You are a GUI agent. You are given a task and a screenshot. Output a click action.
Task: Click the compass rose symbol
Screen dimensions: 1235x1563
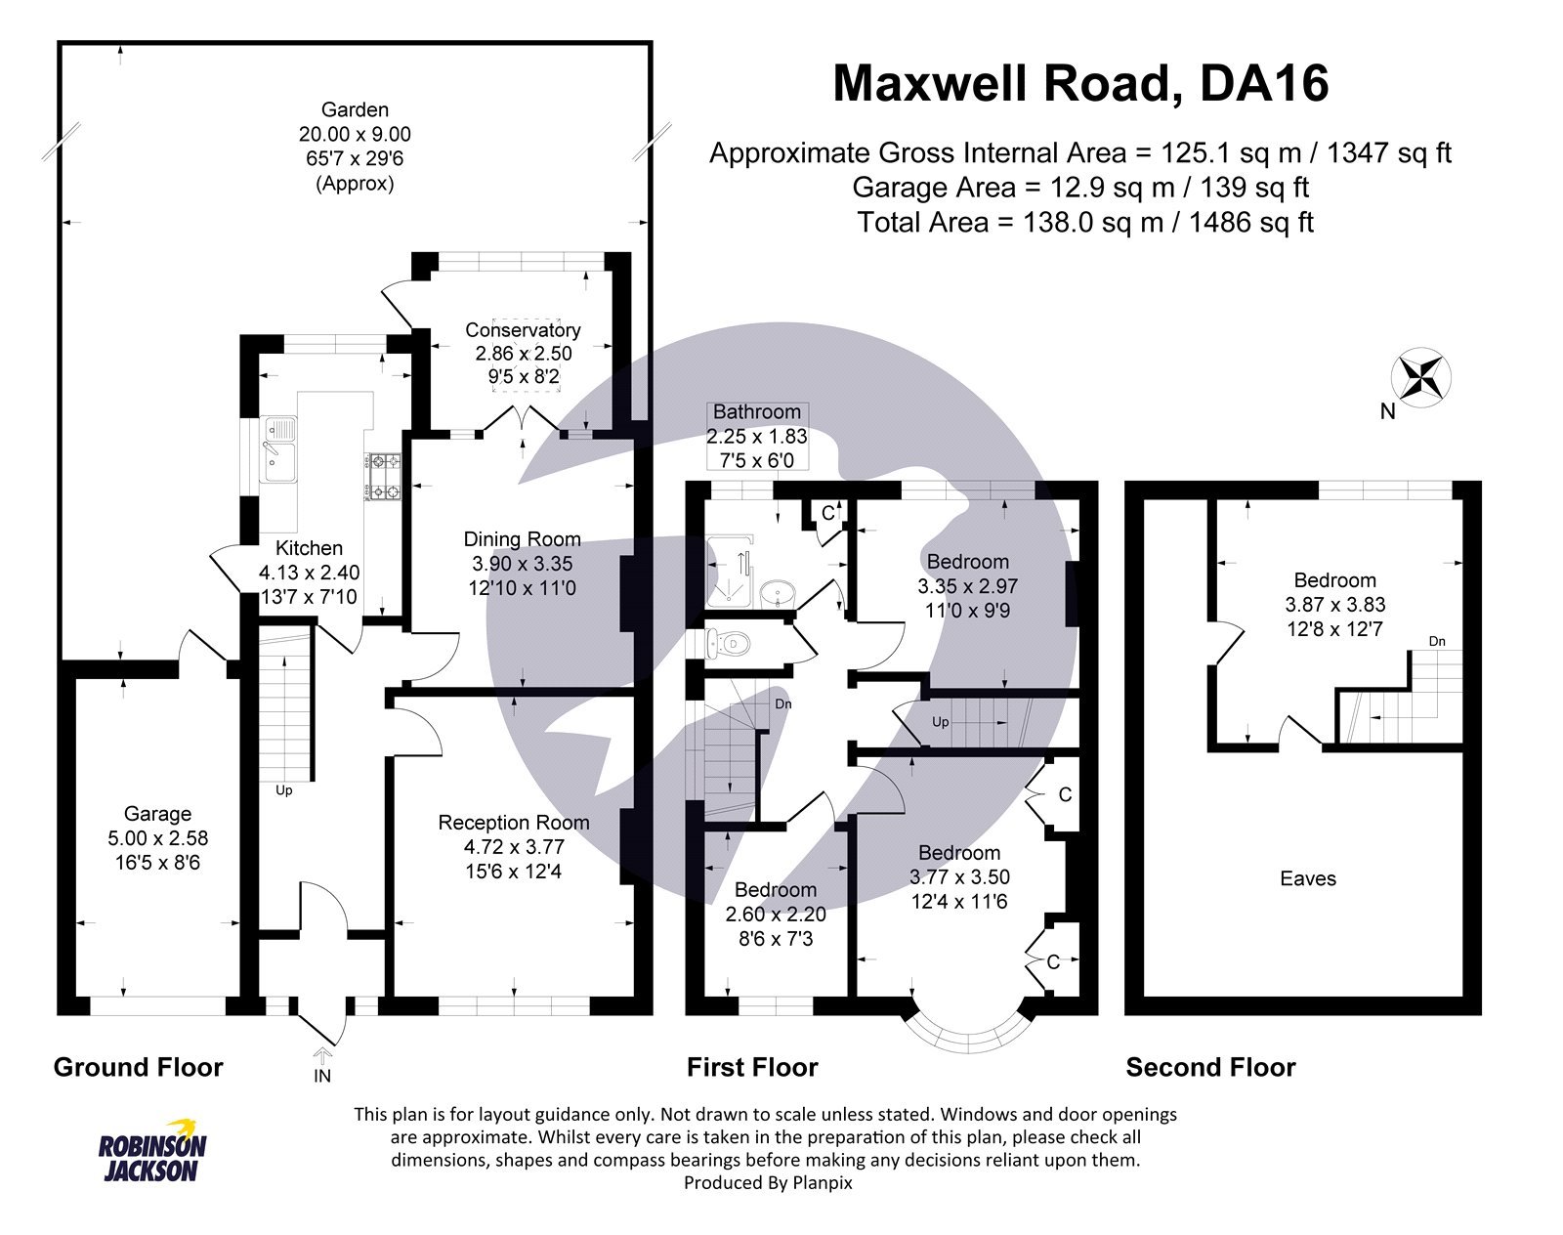(x=1420, y=376)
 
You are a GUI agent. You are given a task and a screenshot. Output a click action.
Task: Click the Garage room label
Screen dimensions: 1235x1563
(x=157, y=814)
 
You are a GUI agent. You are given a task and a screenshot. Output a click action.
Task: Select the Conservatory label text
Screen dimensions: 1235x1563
(x=523, y=330)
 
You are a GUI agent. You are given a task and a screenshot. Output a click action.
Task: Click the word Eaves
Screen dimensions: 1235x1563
(x=1307, y=878)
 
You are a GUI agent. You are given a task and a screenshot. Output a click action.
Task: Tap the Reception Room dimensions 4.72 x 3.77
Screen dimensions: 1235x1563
(x=514, y=847)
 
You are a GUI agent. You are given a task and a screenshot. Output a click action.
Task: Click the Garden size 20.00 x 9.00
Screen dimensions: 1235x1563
(x=355, y=134)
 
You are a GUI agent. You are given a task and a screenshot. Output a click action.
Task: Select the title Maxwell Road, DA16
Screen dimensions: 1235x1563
(x=1079, y=83)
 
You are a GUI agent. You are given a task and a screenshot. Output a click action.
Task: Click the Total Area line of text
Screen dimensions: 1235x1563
(x=1084, y=223)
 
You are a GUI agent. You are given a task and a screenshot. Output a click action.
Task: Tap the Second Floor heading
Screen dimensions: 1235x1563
(x=1210, y=1067)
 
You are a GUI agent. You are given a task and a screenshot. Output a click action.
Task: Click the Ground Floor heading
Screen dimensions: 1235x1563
(x=138, y=1067)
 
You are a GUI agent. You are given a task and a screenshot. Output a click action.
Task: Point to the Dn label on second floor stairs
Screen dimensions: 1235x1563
(x=1437, y=642)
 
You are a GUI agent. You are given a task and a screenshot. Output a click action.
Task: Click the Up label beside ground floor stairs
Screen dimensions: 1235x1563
(x=284, y=790)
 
